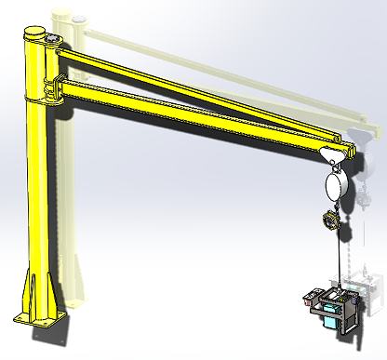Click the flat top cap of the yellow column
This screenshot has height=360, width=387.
(x=35, y=32)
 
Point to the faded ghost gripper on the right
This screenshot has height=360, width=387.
(x=370, y=293)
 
